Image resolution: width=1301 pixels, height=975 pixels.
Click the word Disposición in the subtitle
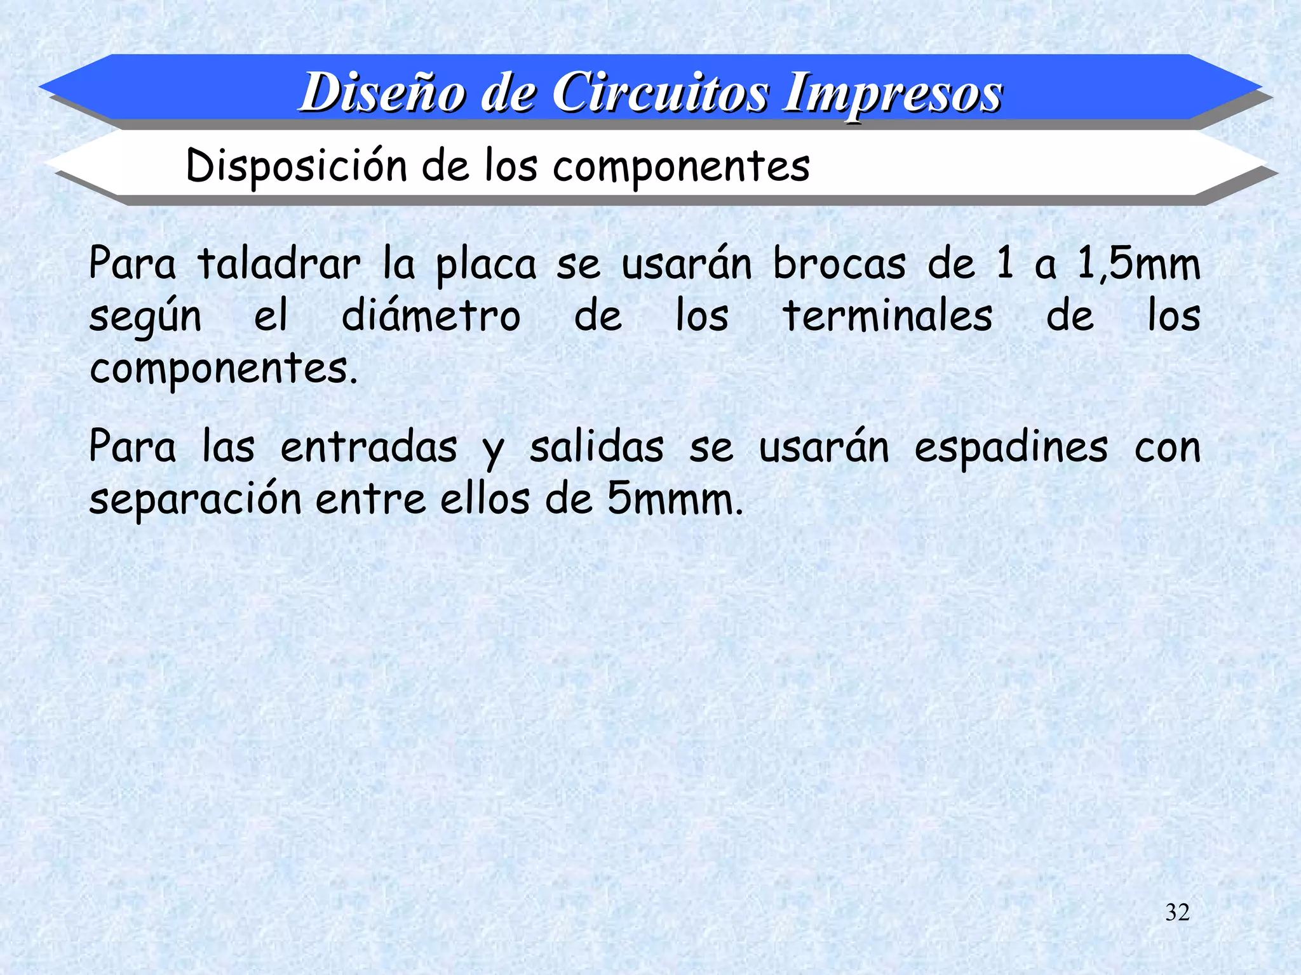click(296, 166)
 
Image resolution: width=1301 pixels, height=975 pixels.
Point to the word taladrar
click(279, 263)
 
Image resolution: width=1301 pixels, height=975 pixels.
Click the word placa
click(486, 265)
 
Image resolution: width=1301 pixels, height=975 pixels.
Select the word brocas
click(839, 263)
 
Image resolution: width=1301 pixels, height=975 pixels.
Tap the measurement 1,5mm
click(1138, 263)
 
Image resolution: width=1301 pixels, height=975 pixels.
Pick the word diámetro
click(431, 315)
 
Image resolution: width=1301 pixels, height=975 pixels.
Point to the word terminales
click(887, 315)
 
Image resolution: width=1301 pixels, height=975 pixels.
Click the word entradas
click(368, 447)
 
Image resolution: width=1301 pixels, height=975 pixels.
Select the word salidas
click(597, 447)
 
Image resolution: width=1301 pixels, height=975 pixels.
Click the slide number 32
click(1177, 912)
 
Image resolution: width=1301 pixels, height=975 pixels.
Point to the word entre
click(370, 499)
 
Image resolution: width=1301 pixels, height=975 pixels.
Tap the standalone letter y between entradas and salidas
click(493, 451)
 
